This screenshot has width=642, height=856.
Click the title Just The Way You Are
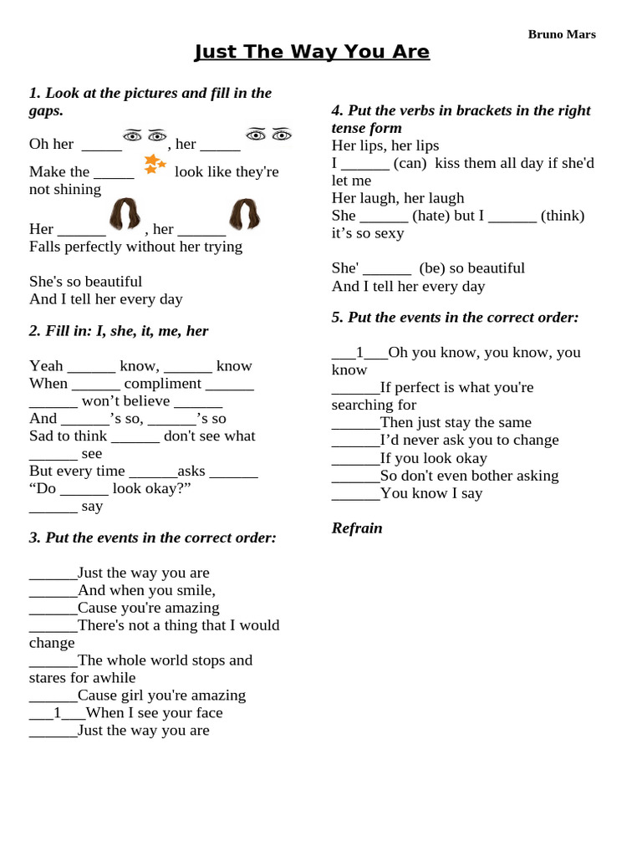[x=312, y=52]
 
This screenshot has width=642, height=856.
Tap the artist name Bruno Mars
[x=562, y=34]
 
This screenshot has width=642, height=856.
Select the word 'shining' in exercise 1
[x=78, y=189]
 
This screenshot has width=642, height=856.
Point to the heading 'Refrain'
[x=357, y=527]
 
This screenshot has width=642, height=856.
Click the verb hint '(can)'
[x=410, y=163]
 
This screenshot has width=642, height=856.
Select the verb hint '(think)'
[x=563, y=216]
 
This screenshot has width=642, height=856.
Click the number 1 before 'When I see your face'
[x=57, y=713]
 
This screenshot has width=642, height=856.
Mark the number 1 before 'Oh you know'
[x=359, y=353]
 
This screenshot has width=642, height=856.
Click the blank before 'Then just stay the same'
[x=355, y=423]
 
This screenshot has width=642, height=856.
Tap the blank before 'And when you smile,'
[x=53, y=591]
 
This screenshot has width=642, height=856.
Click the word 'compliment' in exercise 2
[x=163, y=384]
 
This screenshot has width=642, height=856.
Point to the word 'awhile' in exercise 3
[x=115, y=678]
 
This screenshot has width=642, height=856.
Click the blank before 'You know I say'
[x=355, y=493]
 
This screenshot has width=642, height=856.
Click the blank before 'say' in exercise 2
[x=53, y=507]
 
